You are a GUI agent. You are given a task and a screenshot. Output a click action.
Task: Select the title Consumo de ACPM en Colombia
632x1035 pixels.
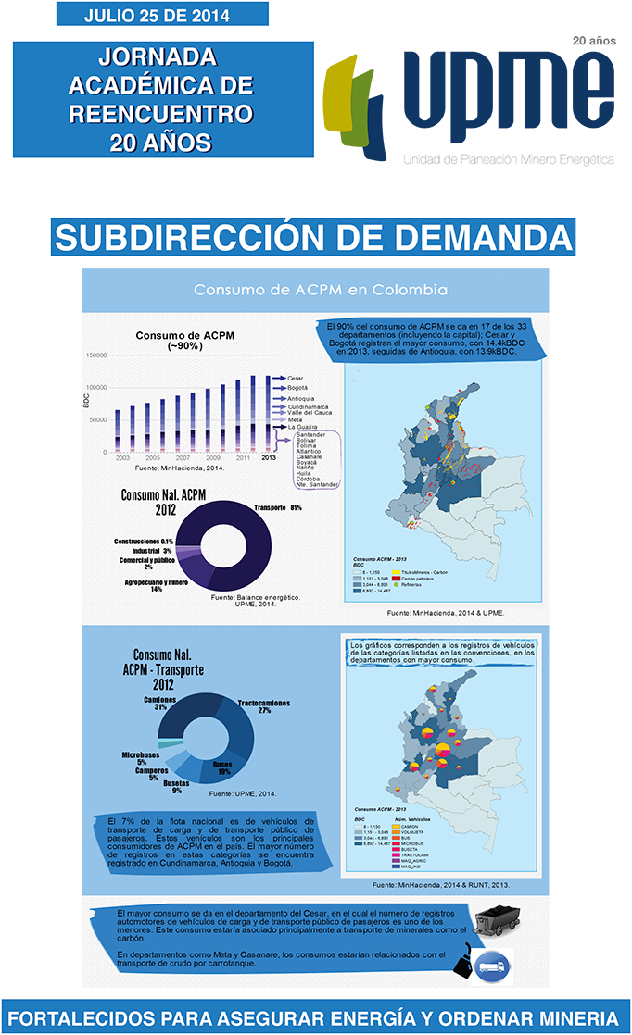tap(320, 290)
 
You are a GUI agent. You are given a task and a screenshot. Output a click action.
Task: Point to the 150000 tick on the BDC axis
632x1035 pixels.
tap(95, 355)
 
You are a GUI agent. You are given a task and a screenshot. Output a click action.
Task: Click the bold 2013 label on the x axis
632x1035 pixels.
tap(269, 458)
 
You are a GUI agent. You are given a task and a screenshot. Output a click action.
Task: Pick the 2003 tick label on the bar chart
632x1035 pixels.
tap(122, 458)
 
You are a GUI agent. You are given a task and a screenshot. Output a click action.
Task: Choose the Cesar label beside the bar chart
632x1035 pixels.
tap(296, 379)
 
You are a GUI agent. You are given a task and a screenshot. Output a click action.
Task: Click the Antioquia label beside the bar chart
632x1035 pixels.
tap(301, 398)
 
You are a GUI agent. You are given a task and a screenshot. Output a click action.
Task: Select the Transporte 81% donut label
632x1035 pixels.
tap(277, 507)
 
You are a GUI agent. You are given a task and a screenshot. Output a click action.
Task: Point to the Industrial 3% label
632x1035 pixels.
tap(141, 551)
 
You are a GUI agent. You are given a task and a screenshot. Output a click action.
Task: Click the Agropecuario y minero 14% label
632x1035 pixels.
tap(156, 585)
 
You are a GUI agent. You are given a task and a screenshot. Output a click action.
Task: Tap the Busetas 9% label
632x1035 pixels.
tap(176, 786)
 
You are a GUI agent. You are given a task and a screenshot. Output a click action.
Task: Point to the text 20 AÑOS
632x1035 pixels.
tap(160, 143)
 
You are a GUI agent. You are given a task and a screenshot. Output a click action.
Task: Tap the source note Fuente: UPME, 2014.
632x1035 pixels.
tap(242, 794)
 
